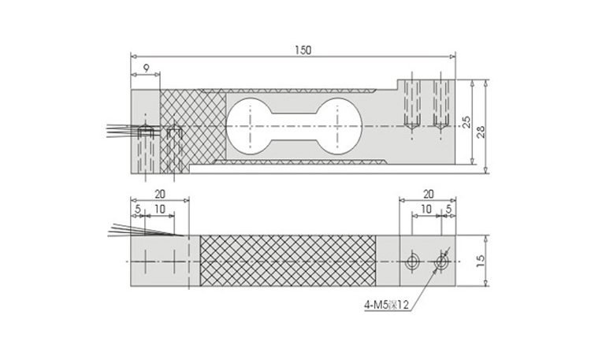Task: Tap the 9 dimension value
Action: click(145, 69)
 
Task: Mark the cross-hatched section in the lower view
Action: click(288, 261)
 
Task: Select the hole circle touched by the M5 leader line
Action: click(440, 261)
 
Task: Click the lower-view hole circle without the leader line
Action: click(411, 261)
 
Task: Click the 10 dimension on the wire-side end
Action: click(160, 210)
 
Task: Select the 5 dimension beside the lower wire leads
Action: click(139, 210)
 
